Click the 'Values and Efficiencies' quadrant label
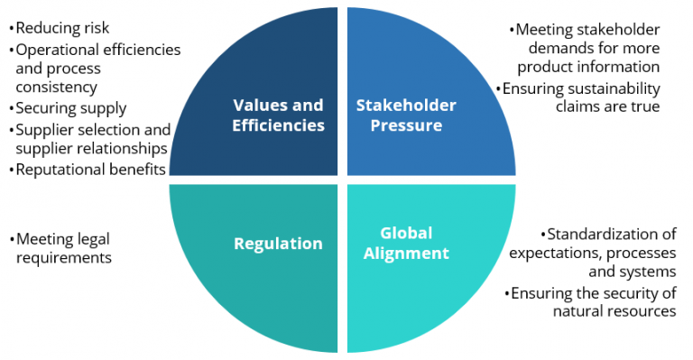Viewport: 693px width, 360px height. click(x=278, y=115)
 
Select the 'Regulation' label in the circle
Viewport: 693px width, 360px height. click(x=278, y=243)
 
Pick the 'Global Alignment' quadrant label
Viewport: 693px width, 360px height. click(x=406, y=243)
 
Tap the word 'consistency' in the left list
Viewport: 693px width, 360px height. click(x=56, y=88)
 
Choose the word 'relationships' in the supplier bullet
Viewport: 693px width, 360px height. click(x=121, y=148)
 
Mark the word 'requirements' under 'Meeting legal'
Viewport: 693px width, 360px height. click(x=63, y=259)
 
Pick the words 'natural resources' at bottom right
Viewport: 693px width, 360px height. click(x=614, y=311)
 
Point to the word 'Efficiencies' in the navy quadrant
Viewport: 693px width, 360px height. click(x=278, y=125)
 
